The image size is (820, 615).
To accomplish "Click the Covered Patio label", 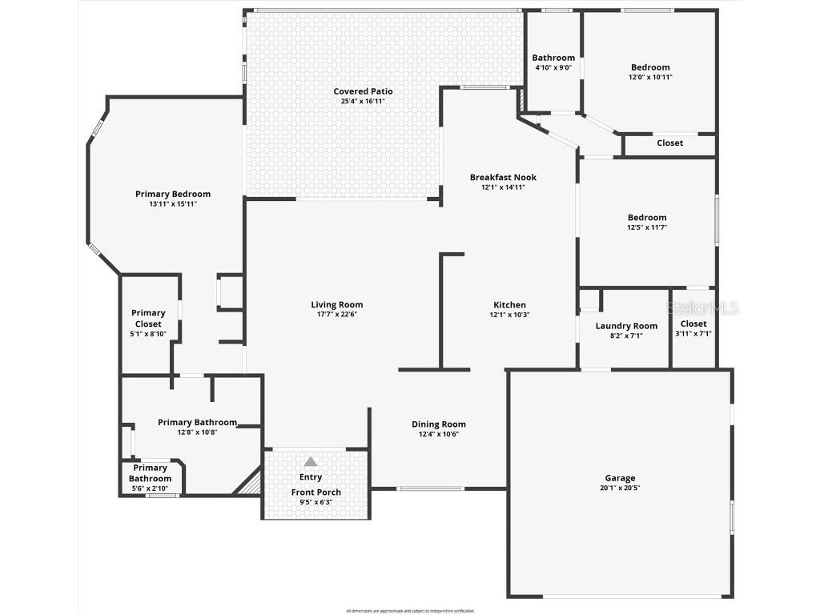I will (363, 91).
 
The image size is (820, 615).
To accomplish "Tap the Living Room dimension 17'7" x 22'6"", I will (337, 315).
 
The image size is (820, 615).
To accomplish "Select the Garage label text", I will (620, 478).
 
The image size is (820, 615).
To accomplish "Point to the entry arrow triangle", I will (311, 461).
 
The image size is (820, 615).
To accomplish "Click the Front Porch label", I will (316, 492).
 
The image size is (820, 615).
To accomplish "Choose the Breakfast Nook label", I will (503, 177).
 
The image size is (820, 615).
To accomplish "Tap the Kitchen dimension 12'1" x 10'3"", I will (509, 315).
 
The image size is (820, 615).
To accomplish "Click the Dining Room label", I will (439, 424).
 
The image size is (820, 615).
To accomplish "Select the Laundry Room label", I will (626, 326).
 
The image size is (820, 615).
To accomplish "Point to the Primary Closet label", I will (149, 318).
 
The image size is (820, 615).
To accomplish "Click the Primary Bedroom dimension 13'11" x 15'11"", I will (173, 204).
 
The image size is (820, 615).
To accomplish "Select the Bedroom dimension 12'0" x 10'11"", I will (650, 78).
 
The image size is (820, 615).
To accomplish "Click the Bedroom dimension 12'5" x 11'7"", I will (647, 227).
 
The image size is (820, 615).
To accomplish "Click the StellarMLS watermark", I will (704, 307).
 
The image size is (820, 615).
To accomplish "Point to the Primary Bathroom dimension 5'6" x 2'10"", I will (151, 488).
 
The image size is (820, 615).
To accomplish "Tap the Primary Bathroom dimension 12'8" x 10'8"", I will (197, 432).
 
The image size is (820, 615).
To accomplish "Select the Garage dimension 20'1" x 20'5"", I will (620, 488).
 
